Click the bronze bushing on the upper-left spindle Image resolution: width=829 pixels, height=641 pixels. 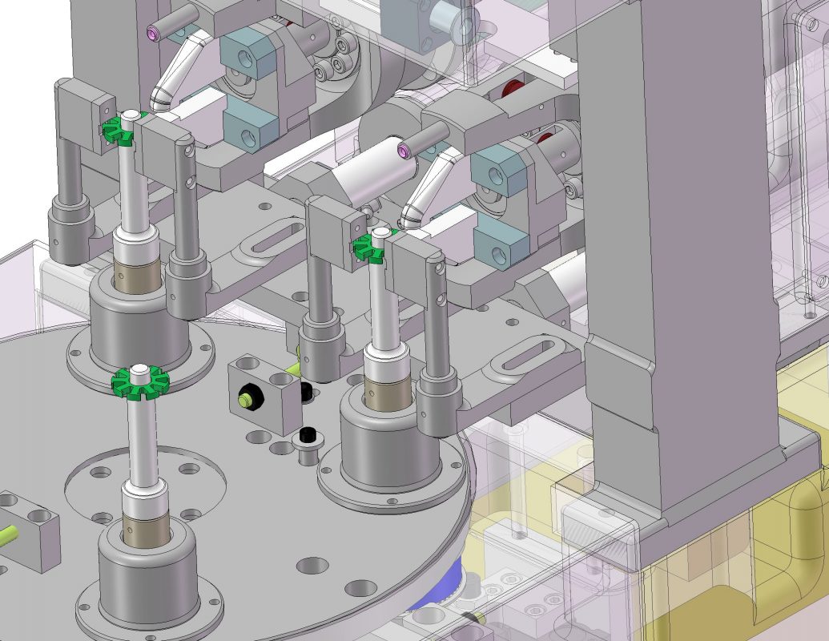[x=137, y=276]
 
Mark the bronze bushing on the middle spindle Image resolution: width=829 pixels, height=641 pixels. [x=388, y=388]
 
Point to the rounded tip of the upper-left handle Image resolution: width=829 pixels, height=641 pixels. [x=159, y=99]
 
